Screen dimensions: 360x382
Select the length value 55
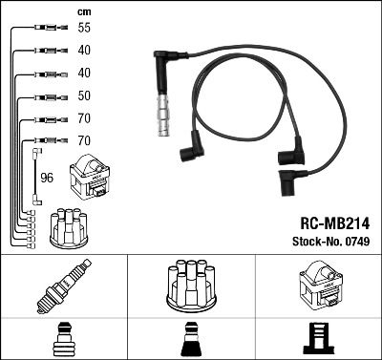[x=85, y=29]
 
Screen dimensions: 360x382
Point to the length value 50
[x=85, y=96]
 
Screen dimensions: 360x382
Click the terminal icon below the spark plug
[x=63, y=339]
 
